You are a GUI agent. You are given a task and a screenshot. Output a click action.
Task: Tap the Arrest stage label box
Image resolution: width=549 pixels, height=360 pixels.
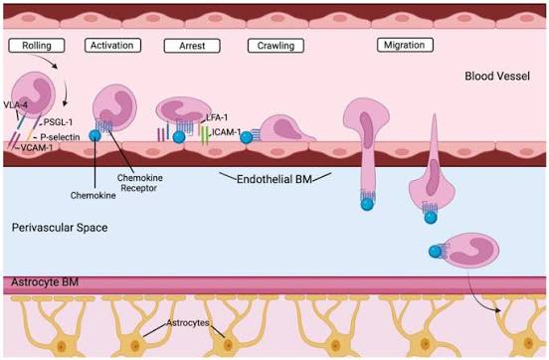tap(187, 46)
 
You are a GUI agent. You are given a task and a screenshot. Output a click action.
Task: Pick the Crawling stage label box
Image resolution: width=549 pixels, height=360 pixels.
tap(275, 46)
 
